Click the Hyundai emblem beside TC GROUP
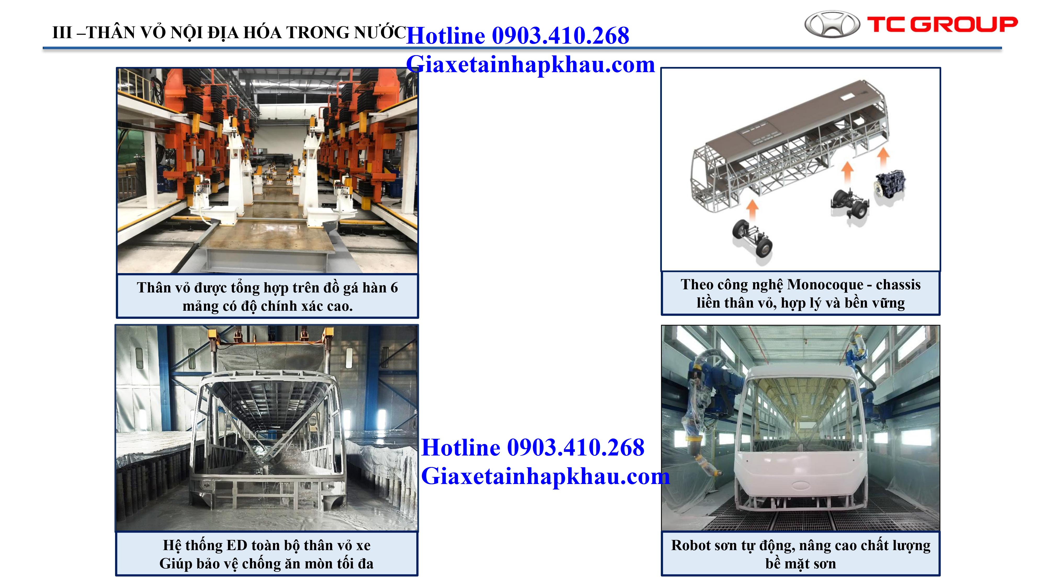832,24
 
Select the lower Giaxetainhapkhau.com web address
545,476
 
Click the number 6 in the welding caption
394,288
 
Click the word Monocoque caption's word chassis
898,285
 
